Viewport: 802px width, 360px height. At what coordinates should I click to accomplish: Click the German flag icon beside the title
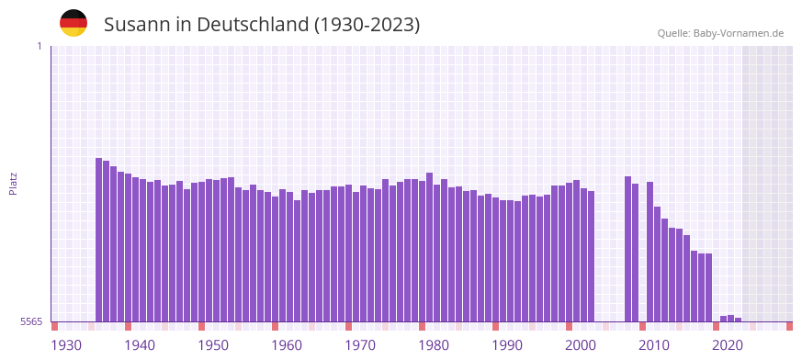[x=73, y=23]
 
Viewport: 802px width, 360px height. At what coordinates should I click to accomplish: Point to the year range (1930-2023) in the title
[x=367, y=25]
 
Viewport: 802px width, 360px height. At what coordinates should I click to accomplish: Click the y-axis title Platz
[x=13, y=183]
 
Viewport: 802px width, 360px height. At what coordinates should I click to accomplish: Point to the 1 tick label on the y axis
[x=39, y=46]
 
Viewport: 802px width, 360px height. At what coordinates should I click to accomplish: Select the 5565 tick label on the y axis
[x=30, y=321]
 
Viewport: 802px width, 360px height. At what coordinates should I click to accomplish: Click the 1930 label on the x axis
[x=66, y=345]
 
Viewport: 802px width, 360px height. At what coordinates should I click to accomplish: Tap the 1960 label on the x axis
[x=287, y=345]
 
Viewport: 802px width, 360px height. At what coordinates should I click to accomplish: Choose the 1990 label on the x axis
[x=507, y=345]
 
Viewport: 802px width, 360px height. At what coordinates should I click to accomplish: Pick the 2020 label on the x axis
[x=728, y=345]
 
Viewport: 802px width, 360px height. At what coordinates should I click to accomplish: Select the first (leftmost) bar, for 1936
[x=99, y=239]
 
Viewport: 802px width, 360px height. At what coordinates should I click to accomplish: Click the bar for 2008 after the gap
[x=628, y=248]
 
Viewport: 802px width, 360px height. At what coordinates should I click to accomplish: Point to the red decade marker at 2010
[x=643, y=326]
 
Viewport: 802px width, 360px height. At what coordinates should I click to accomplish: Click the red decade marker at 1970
[x=349, y=326]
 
